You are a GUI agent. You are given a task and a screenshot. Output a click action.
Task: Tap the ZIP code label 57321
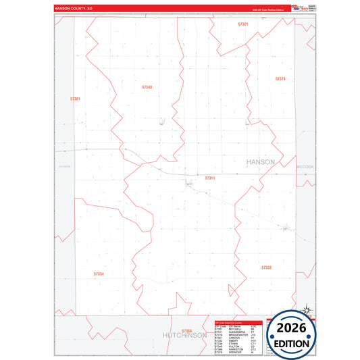pos(243,24)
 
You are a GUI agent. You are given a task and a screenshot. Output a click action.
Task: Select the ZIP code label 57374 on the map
pos(281,79)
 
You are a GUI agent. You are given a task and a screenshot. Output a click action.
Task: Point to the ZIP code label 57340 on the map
pos(147,87)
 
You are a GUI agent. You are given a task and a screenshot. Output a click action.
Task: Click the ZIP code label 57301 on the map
pos(75,99)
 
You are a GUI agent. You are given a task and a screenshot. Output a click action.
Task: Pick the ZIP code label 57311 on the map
pos(209,178)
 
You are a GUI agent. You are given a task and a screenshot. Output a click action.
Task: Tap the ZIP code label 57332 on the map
pos(266,267)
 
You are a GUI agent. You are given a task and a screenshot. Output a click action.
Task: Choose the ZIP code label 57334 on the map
pos(99,274)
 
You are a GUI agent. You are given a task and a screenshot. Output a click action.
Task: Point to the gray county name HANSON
pos(261,162)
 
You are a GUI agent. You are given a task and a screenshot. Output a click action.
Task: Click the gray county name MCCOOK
pos(306,165)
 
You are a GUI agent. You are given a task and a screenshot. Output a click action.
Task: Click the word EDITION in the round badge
pos(292,343)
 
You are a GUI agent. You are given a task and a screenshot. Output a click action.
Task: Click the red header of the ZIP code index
pos(238,322)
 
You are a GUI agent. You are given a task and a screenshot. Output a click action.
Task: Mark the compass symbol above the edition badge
pos(306,310)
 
